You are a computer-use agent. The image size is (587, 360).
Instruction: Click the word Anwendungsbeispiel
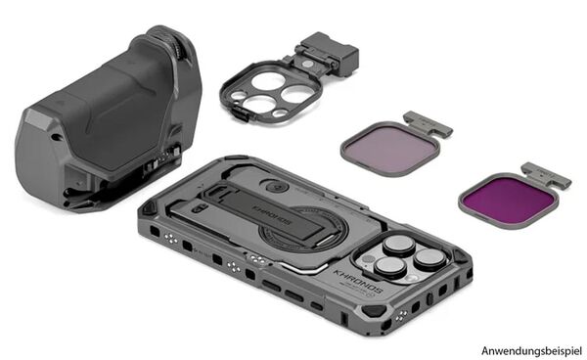530,348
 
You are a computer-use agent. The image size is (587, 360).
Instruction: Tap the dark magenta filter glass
508,198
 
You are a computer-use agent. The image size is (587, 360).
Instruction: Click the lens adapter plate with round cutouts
264,91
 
